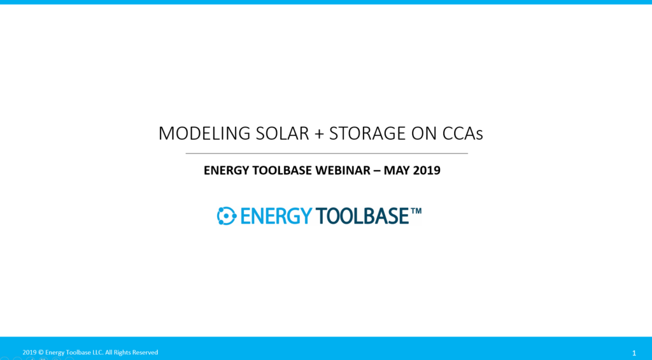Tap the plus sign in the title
tap(319, 134)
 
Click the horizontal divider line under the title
tap(327, 154)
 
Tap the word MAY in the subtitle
tap(396, 170)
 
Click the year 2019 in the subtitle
tap(426, 170)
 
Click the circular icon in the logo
tap(227, 216)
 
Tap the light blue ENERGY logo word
tap(276, 216)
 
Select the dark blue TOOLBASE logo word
tap(362, 216)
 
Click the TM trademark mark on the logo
tap(416, 211)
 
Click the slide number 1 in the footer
tap(634, 353)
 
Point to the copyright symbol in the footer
tap(41, 352)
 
